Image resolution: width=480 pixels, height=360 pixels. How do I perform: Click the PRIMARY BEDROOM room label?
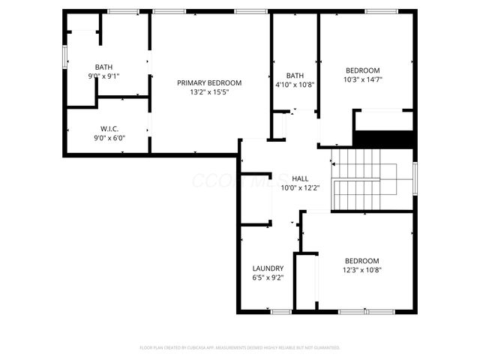[x=209, y=82]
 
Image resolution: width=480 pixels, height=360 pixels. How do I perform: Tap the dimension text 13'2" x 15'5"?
[x=209, y=92]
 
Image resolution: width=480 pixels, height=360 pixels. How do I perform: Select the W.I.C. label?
[x=109, y=127]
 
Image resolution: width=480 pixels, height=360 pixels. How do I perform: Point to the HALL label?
[x=300, y=178]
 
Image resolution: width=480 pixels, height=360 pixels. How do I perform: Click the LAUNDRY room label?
[x=268, y=268]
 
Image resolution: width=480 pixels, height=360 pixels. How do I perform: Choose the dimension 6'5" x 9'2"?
[x=268, y=277]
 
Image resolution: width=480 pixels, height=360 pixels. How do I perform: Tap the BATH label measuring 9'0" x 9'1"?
[x=103, y=67]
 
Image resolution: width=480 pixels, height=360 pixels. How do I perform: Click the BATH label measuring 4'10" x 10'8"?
[x=295, y=75]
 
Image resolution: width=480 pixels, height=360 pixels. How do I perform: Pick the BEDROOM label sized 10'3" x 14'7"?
[x=362, y=70]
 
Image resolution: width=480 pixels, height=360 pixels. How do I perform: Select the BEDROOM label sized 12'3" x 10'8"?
[x=362, y=260]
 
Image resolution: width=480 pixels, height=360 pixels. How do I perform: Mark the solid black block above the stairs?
[x=383, y=139]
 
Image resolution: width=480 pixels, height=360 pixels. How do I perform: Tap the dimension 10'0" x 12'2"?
[x=300, y=188]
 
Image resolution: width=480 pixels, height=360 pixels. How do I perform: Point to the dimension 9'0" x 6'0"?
[x=109, y=137]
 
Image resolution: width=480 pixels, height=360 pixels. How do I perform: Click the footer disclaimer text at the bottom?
[x=240, y=348]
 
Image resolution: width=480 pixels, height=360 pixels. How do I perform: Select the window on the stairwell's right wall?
[x=414, y=180]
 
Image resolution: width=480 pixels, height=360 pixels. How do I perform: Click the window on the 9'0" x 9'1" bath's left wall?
[x=64, y=56]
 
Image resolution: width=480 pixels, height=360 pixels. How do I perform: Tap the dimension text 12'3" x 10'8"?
[x=362, y=270]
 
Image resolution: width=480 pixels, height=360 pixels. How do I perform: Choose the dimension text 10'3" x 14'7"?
[x=362, y=79]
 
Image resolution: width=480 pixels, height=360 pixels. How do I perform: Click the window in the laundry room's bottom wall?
[x=281, y=311]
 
